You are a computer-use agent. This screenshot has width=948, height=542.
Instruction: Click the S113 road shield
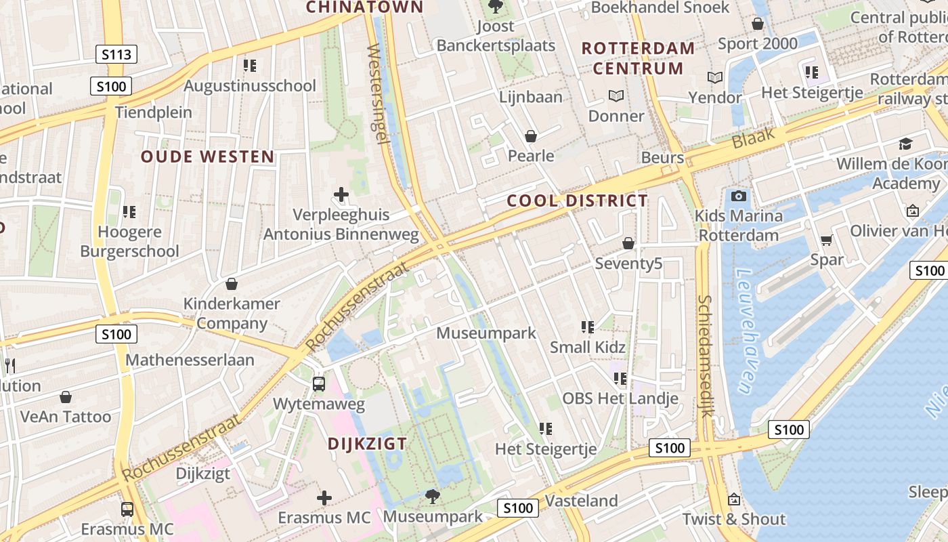click(x=116, y=54)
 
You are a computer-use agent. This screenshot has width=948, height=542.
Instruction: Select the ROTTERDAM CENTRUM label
click(x=638, y=58)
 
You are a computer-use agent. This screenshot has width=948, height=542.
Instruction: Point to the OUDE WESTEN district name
click(x=208, y=157)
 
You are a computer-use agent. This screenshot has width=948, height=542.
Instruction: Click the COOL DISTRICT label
click(x=577, y=201)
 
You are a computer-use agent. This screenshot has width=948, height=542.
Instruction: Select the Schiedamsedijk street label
click(x=706, y=356)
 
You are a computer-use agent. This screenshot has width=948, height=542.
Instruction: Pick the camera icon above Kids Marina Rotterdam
click(x=739, y=196)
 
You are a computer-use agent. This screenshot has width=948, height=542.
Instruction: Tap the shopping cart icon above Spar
click(x=826, y=241)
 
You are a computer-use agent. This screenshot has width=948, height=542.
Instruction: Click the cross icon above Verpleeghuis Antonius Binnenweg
click(x=341, y=195)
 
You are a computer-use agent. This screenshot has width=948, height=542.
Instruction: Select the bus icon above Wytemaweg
click(x=319, y=384)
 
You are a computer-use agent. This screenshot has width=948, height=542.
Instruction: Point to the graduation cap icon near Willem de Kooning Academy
click(x=905, y=144)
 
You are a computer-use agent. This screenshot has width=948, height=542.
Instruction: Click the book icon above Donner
click(x=616, y=96)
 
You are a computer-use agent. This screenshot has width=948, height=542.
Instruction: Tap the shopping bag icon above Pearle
click(x=531, y=136)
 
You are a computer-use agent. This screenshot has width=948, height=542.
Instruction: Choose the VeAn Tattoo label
click(x=66, y=417)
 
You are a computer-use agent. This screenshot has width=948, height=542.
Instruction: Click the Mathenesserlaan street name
click(x=190, y=360)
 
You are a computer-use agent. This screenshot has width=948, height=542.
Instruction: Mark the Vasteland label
click(x=582, y=501)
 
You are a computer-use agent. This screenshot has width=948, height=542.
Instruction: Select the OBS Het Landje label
click(x=620, y=398)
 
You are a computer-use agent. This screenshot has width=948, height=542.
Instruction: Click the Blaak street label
click(x=753, y=139)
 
